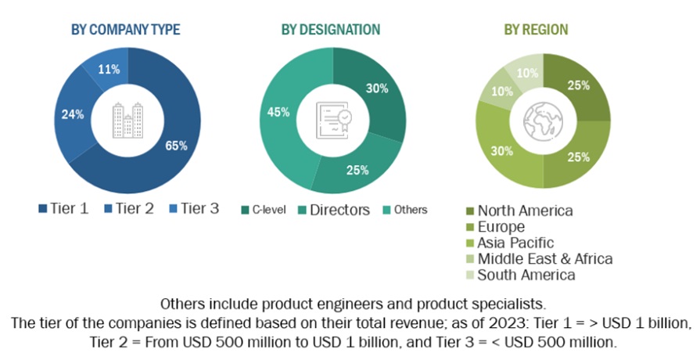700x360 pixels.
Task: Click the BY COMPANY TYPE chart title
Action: pos(125,30)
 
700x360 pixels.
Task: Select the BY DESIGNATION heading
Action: pos(331,30)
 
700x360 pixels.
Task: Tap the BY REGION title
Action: pos(536,30)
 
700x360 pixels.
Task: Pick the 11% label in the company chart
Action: pos(109,70)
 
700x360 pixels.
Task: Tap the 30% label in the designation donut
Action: pos(377,88)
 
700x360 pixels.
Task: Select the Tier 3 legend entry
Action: pos(193,208)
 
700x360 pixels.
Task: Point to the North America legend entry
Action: pos(524,210)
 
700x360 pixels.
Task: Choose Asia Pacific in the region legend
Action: pos(515,243)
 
